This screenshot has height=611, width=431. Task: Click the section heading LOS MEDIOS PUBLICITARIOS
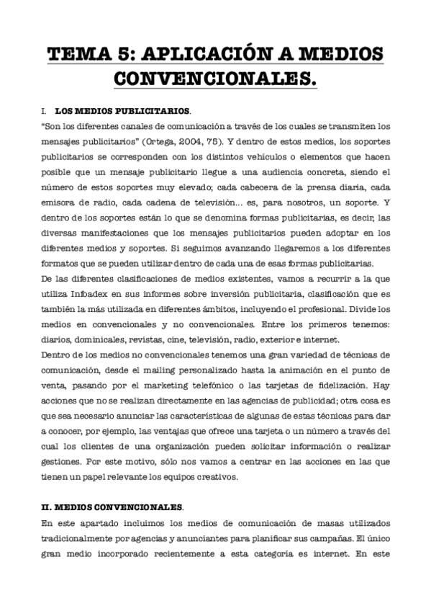(x=122, y=112)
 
